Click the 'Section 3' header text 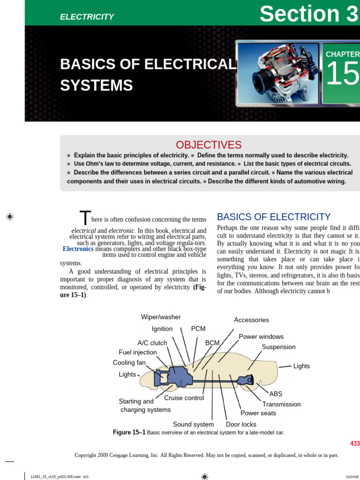point(309,14)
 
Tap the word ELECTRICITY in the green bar point(87,17)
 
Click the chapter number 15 point(342,75)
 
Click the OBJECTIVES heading point(209,145)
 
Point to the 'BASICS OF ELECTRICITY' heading point(274,217)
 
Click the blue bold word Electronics point(78,249)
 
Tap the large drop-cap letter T point(84,218)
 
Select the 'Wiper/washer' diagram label point(161,317)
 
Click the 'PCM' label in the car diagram point(198,329)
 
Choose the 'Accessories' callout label point(251,320)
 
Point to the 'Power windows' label point(261,337)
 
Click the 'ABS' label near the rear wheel point(276,394)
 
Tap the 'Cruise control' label point(184,398)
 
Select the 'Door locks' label point(241,424)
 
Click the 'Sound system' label point(193,424)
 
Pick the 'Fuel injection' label point(138,352)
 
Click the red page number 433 point(355,443)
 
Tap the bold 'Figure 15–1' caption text point(129,432)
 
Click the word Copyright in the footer point(87,455)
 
